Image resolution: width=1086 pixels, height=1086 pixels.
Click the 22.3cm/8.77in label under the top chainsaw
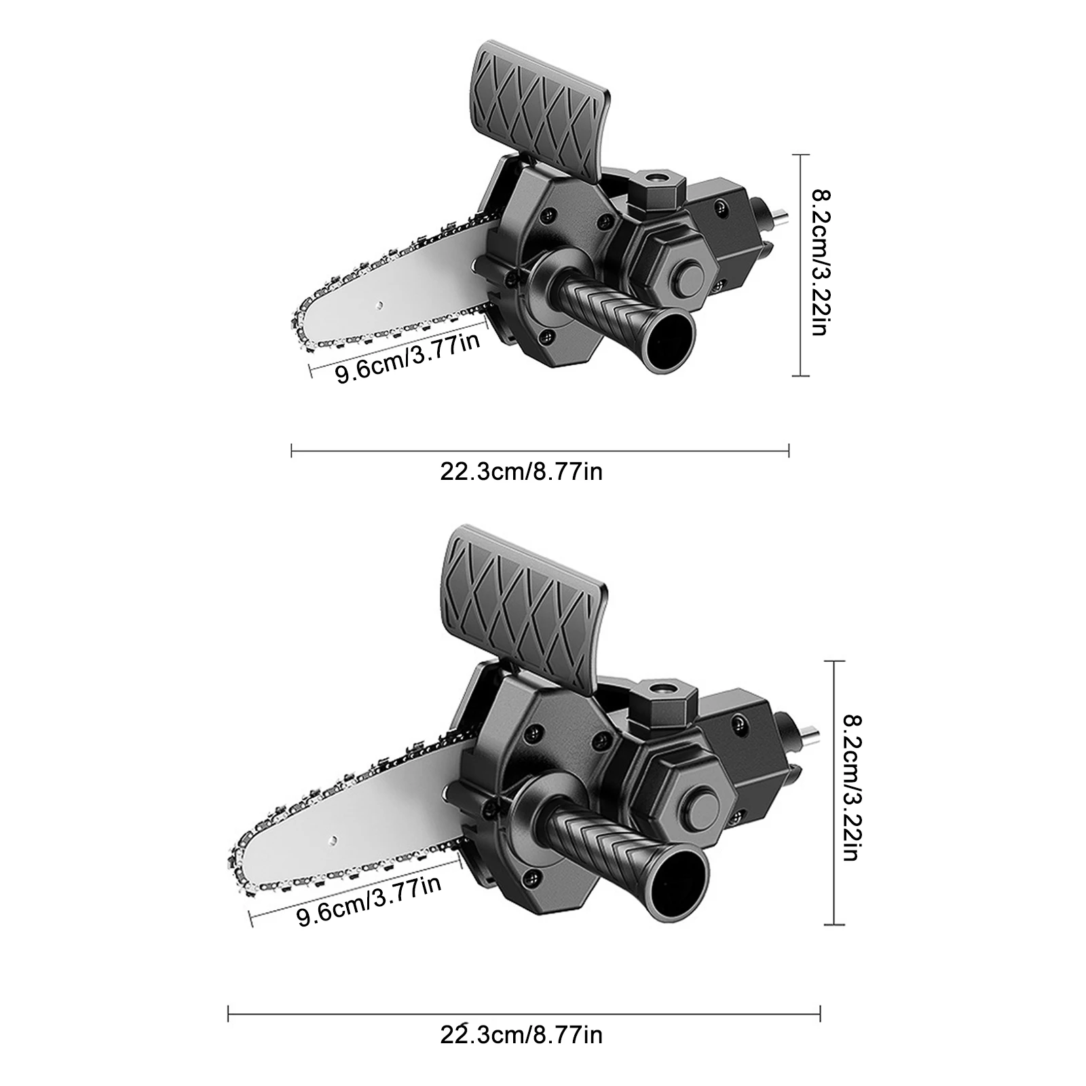[x=521, y=471]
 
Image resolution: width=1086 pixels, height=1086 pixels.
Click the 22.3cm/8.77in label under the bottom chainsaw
[x=521, y=1053]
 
